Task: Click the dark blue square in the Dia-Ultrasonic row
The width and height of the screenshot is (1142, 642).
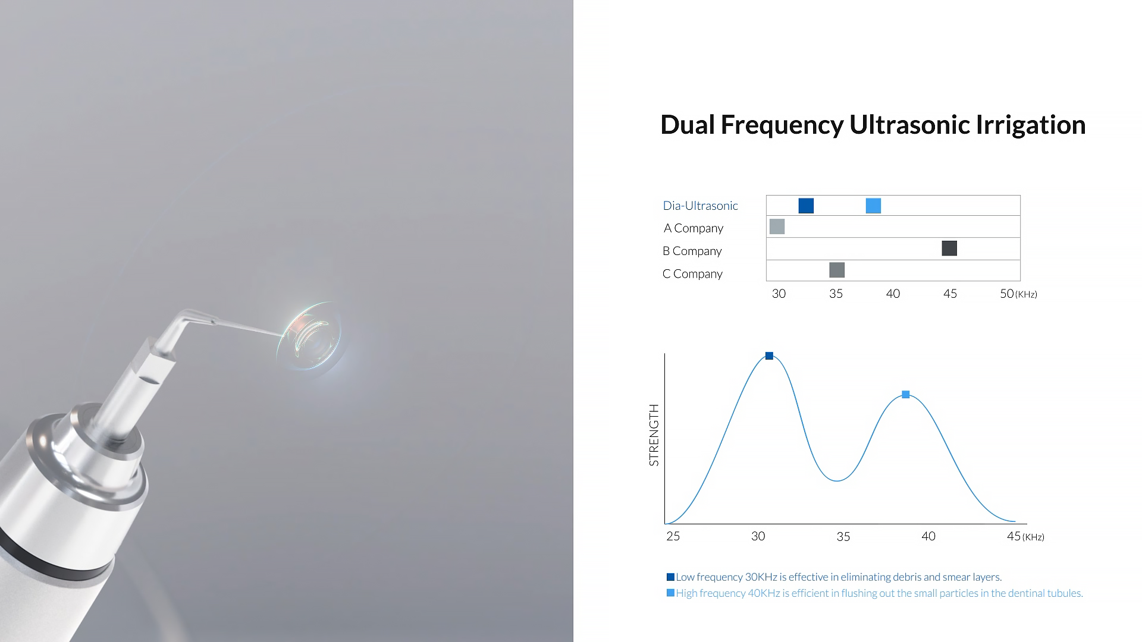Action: pyautogui.click(x=806, y=206)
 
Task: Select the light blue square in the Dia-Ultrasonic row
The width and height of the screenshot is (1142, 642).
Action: pyautogui.click(x=873, y=206)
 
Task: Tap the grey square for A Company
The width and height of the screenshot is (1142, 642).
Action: pyautogui.click(x=777, y=226)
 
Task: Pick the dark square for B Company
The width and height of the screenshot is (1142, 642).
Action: pyautogui.click(x=949, y=248)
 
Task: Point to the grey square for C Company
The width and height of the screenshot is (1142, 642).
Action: pyautogui.click(x=837, y=270)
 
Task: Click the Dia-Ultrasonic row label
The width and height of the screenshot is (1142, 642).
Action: pyautogui.click(x=700, y=206)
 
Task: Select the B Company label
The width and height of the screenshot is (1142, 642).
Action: pyautogui.click(x=692, y=251)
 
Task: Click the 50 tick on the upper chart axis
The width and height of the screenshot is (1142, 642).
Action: pyautogui.click(x=1006, y=294)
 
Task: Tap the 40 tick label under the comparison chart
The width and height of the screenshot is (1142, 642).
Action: pyautogui.click(x=893, y=294)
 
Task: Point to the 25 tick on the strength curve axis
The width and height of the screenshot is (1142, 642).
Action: pyautogui.click(x=673, y=536)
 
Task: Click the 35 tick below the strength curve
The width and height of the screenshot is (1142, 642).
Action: pyautogui.click(x=843, y=537)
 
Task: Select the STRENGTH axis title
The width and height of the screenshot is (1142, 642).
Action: pyautogui.click(x=654, y=435)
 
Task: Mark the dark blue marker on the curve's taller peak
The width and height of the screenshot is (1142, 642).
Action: pyautogui.click(x=769, y=355)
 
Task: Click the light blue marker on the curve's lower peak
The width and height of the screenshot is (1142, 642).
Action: pyautogui.click(x=905, y=394)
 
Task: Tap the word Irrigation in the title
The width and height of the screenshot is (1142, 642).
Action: pyautogui.click(x=1031, y=125)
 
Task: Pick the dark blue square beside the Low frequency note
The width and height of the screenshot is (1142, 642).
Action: pyautogui.click(x=670, y=577)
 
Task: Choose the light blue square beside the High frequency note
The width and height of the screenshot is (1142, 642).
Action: pyautogui.click(x=670, y=593)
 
